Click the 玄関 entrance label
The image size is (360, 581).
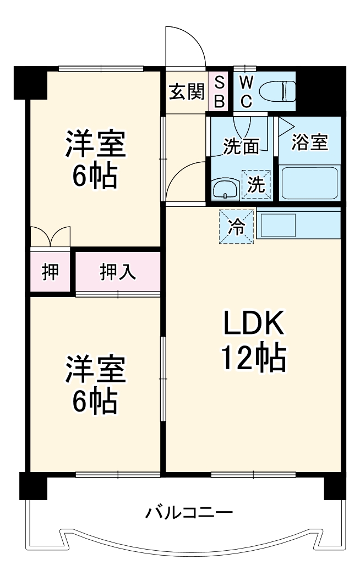187,91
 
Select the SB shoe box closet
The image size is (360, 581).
219,91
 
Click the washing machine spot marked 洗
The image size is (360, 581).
256,184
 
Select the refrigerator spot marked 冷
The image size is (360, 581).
237,226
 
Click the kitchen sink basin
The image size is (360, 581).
279,224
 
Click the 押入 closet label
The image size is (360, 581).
118,272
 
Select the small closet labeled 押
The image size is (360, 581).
51,272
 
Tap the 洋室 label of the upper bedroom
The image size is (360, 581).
96,144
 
